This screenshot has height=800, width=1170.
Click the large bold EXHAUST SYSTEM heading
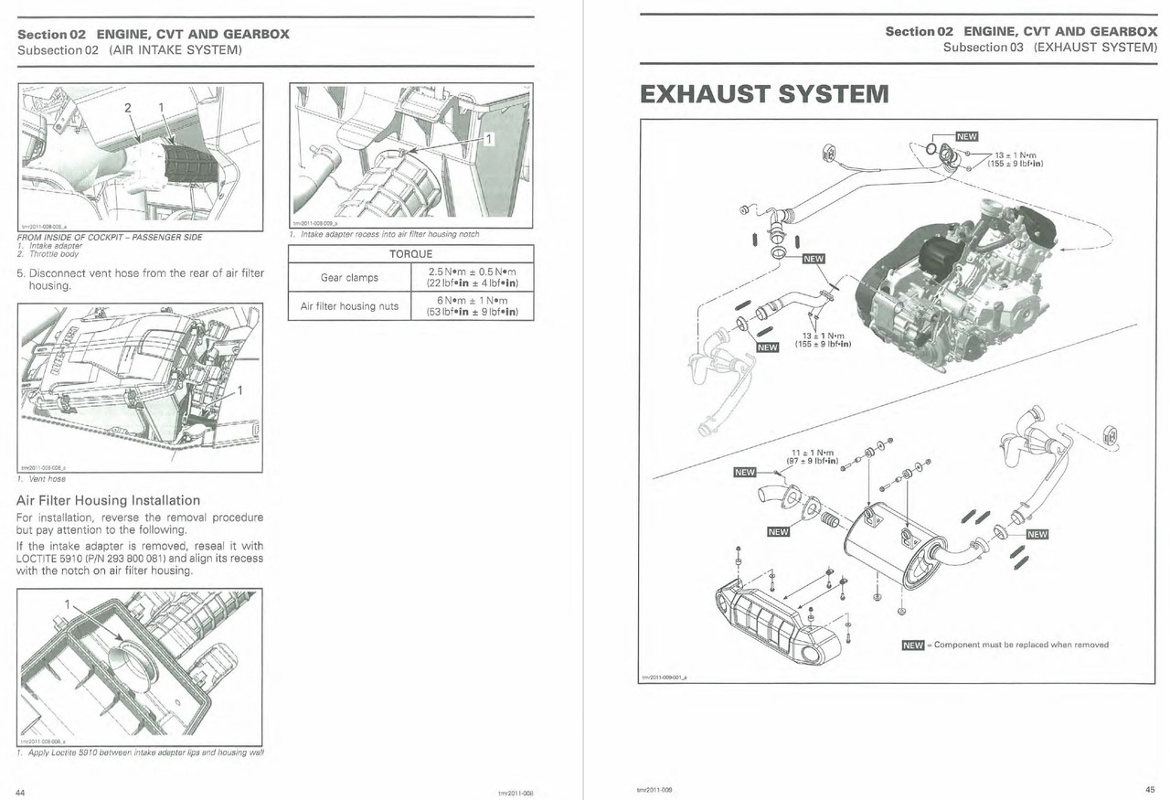coord(763,93)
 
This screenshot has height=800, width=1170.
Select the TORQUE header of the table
coord(410,253)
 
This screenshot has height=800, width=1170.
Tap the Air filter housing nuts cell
coord(349,306)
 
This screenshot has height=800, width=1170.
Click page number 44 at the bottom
coord(22,792)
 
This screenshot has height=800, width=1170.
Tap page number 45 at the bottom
coord(1149,791)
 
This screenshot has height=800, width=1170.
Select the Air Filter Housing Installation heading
coord(108,500)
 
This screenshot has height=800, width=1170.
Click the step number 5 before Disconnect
coord(20,272)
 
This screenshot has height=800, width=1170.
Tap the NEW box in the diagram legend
coord(912,645)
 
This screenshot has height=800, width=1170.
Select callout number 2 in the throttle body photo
coord(128,108)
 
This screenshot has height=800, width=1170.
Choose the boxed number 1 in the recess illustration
coord(487,138)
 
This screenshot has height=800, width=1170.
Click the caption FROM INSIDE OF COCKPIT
coord(110,237)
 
